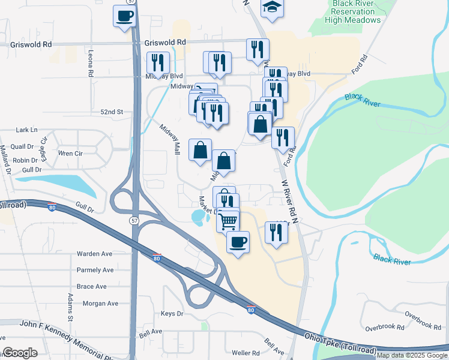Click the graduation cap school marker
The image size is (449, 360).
coord(272,7)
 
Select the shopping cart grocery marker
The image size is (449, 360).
coord(228,221)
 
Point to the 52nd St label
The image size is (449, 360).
coord(111,112)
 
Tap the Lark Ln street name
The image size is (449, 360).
coord(26,130)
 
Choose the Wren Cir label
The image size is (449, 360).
coord(70,154)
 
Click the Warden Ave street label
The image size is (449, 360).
coord(95,254)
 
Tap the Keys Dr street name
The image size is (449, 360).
coord(172,314)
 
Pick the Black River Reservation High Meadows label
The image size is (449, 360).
coord(352,11)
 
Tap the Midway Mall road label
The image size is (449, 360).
coord(170,139)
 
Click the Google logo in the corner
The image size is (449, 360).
coord(20,353)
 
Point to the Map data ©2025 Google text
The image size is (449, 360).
coord(412,355)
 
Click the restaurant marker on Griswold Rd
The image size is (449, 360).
coord(258,49)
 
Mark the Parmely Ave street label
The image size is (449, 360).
coord(95,270)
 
